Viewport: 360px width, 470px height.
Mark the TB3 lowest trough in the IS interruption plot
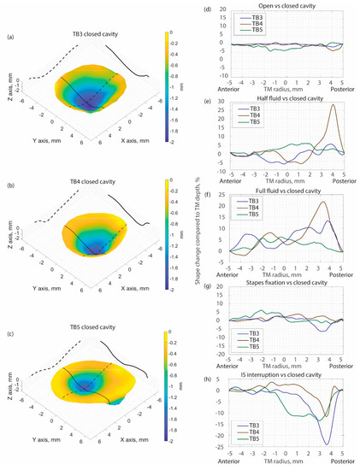pos(327,444)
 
